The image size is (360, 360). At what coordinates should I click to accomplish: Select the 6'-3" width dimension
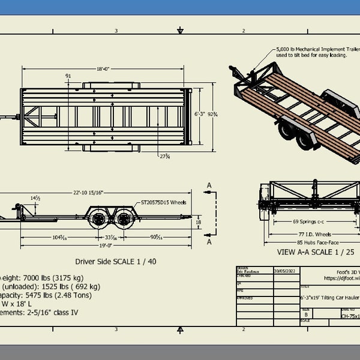click(202, 112)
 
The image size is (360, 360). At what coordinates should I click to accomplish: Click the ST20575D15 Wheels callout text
click(164, 203)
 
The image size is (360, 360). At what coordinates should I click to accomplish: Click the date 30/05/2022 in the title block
click(283, 271)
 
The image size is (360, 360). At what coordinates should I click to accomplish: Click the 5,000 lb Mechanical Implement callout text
click(318, 52)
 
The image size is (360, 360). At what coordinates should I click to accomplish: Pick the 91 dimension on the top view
click(68, 76)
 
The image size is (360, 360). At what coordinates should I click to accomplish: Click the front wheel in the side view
click(97, 219)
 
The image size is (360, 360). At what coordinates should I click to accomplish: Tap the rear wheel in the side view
click(124, 219)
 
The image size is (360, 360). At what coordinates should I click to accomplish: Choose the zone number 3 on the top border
click(116, 31)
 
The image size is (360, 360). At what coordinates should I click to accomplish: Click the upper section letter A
click(209, 185)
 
